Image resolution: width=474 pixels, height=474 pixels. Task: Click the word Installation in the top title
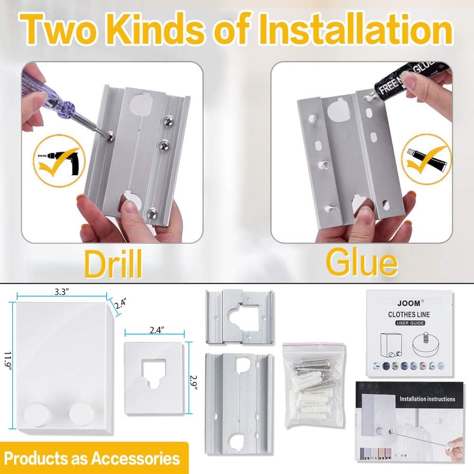[360, 29]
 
